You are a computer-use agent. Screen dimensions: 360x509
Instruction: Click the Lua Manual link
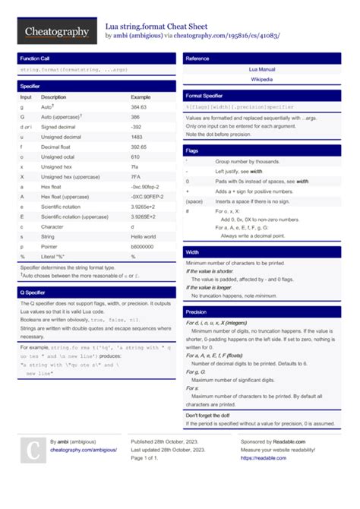pyautogui.click(x=262, y=69)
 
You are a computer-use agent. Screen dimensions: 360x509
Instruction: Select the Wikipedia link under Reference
pyautogui.click(x=262, y=79)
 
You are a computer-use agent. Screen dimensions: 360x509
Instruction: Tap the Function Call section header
pyautogui.click(x=36, y=58)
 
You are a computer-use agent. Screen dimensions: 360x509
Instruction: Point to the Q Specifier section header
pyautogui.click(x=33, y=292)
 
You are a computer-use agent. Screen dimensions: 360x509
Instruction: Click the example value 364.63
pyautogui.click(x=139, y=107)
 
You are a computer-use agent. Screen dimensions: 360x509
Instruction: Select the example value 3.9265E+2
pyautogui.click(x=143, y=217)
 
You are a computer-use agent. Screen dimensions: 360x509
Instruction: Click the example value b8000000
pyautogui.click(x=143, y=246)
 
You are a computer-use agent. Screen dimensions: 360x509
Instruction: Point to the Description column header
pyautogui.click(x=54, y=97)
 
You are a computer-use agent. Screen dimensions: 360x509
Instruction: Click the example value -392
pyautogui.click(x=137, y=127)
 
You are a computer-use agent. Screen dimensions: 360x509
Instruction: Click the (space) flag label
pyautogui.click(x=194, y=201)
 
